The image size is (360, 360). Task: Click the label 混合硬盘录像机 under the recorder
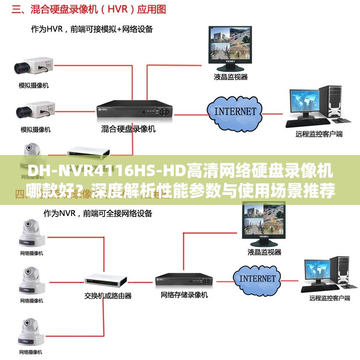[128, 129]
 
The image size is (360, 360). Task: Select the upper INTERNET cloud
[235, 111]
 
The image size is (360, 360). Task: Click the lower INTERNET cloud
[257, 278]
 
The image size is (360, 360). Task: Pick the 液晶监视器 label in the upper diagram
[231, 76]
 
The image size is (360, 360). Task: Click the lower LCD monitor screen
[264, 220]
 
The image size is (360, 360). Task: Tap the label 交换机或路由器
[108, 296]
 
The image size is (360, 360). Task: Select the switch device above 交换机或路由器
[106, 279]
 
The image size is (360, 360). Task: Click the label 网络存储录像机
[184, 295]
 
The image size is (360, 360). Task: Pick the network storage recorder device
[184, 279]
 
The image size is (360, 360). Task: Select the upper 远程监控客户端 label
[319, 134]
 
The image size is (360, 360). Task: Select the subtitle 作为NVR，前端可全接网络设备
[98, 213]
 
